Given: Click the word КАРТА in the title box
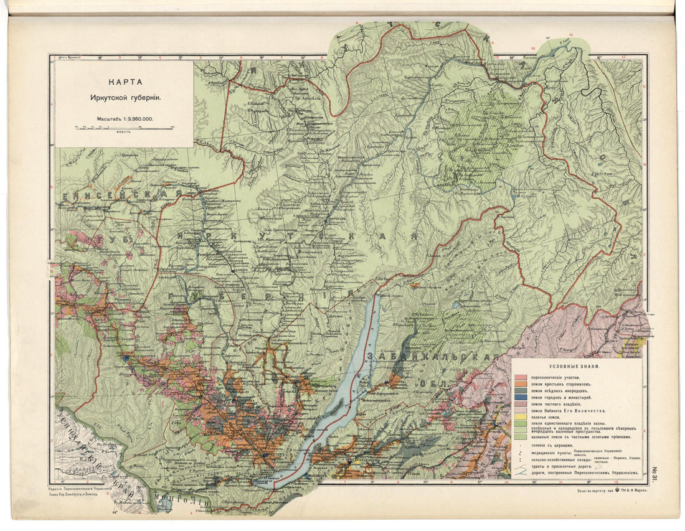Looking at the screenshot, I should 125,82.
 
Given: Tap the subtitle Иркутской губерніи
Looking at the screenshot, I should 125,98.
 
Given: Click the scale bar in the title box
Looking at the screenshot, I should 125,128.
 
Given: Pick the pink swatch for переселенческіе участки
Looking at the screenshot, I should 521,378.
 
